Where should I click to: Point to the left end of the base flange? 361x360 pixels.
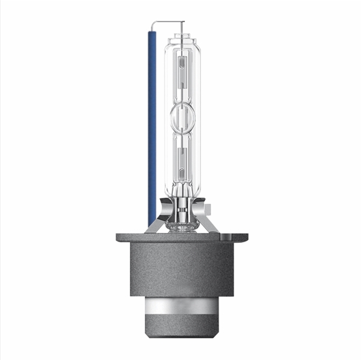tap(120, 237)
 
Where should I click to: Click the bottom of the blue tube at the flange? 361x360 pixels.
tap(152, 221)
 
